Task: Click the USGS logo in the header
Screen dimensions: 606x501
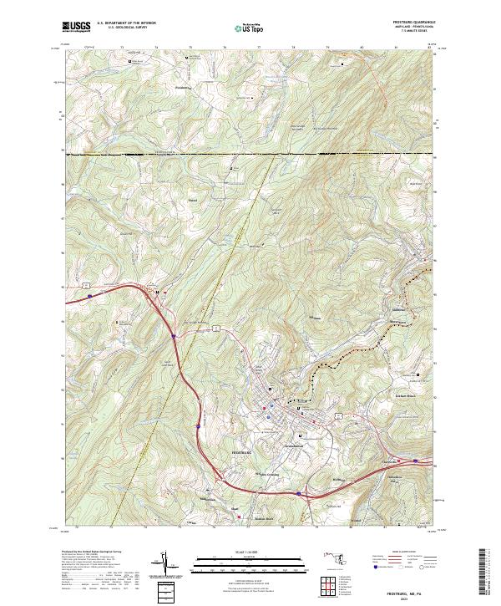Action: (76, 28)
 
